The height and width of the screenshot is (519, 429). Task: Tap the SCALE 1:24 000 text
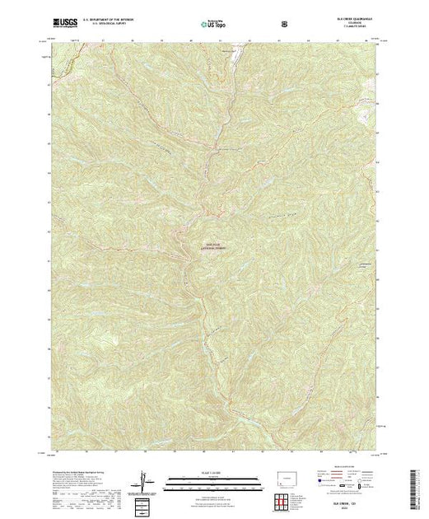tap(211, 471)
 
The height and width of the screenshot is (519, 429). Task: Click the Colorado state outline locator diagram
tap(286, 478)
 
